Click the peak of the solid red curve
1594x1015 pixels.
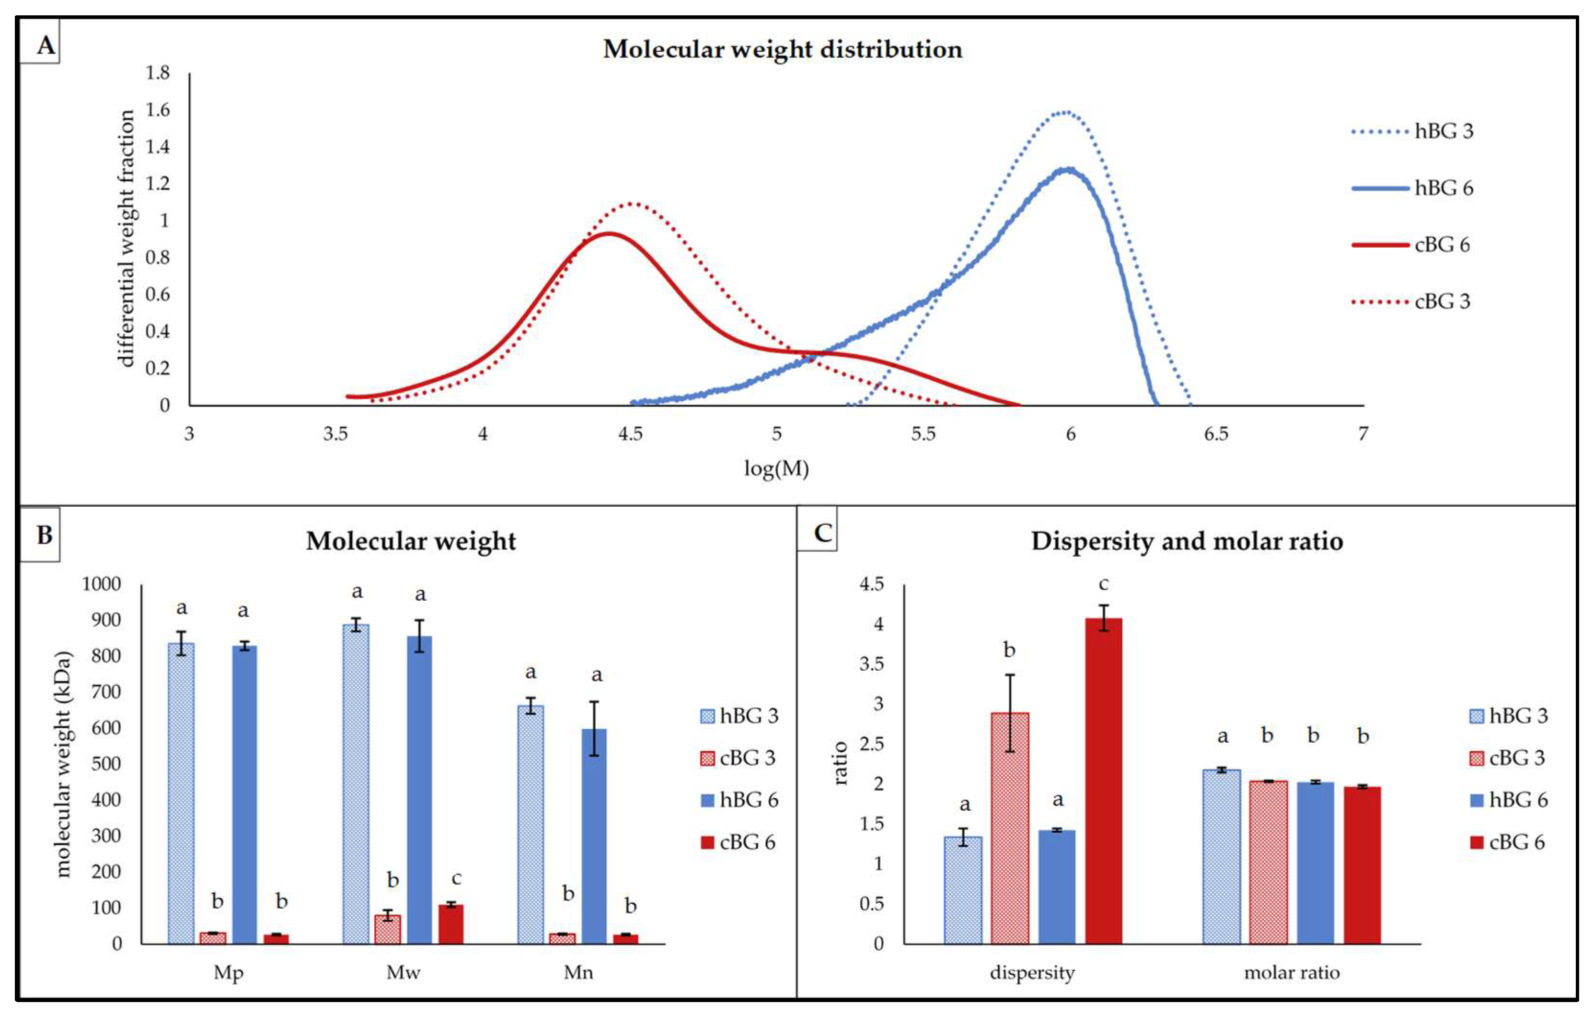(x=608, y=233)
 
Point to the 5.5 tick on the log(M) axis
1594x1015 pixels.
(x=924, y=434)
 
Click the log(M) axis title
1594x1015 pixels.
(x=776, y=469)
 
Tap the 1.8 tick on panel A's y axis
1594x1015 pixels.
(x=158, y=72)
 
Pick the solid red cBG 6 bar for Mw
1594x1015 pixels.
(x=451, y=923)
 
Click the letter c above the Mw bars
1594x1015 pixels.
(x=456, y=879)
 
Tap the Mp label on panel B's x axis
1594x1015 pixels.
(x=229, y=973)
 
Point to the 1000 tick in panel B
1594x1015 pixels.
(x=102, y=584)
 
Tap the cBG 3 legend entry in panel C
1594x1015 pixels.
(x=1507, y=758)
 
